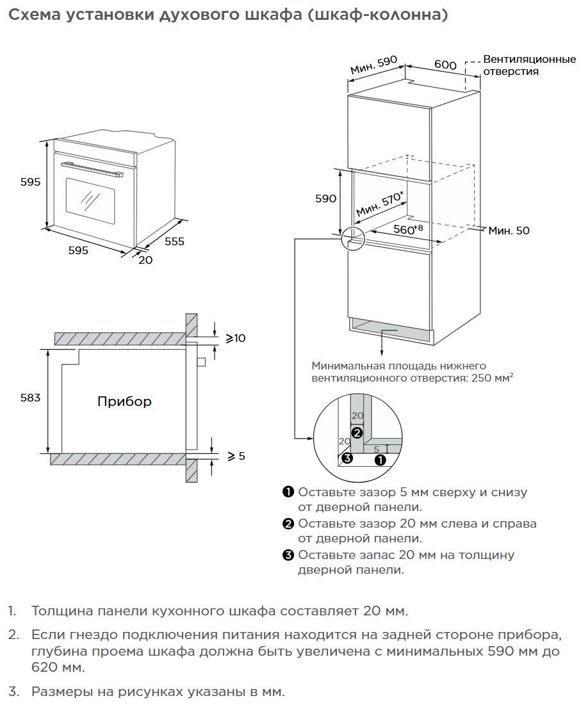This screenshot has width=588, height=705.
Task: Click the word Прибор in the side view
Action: pyautogui.click(x=124, y=402)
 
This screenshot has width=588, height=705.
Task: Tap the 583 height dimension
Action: pyautogui.click(x=31, y=398)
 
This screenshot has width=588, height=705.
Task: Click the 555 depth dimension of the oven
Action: pyautogui.click(x=174, y=241)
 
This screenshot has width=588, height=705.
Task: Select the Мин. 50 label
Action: pyautogui.click(x=509, y=231)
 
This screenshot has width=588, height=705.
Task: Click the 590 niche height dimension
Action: pyautogui.click(x=325, y=199)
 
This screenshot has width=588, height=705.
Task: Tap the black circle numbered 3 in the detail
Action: pyautogui.click(x=347, y=458)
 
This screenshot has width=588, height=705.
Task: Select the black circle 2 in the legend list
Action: pyautogui.click(x=288, y=524)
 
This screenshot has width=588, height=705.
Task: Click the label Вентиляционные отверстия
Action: pyautogui.click(x=529, y=65)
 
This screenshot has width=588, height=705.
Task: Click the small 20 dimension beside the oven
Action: pyautogui.click(x=145, y=260)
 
